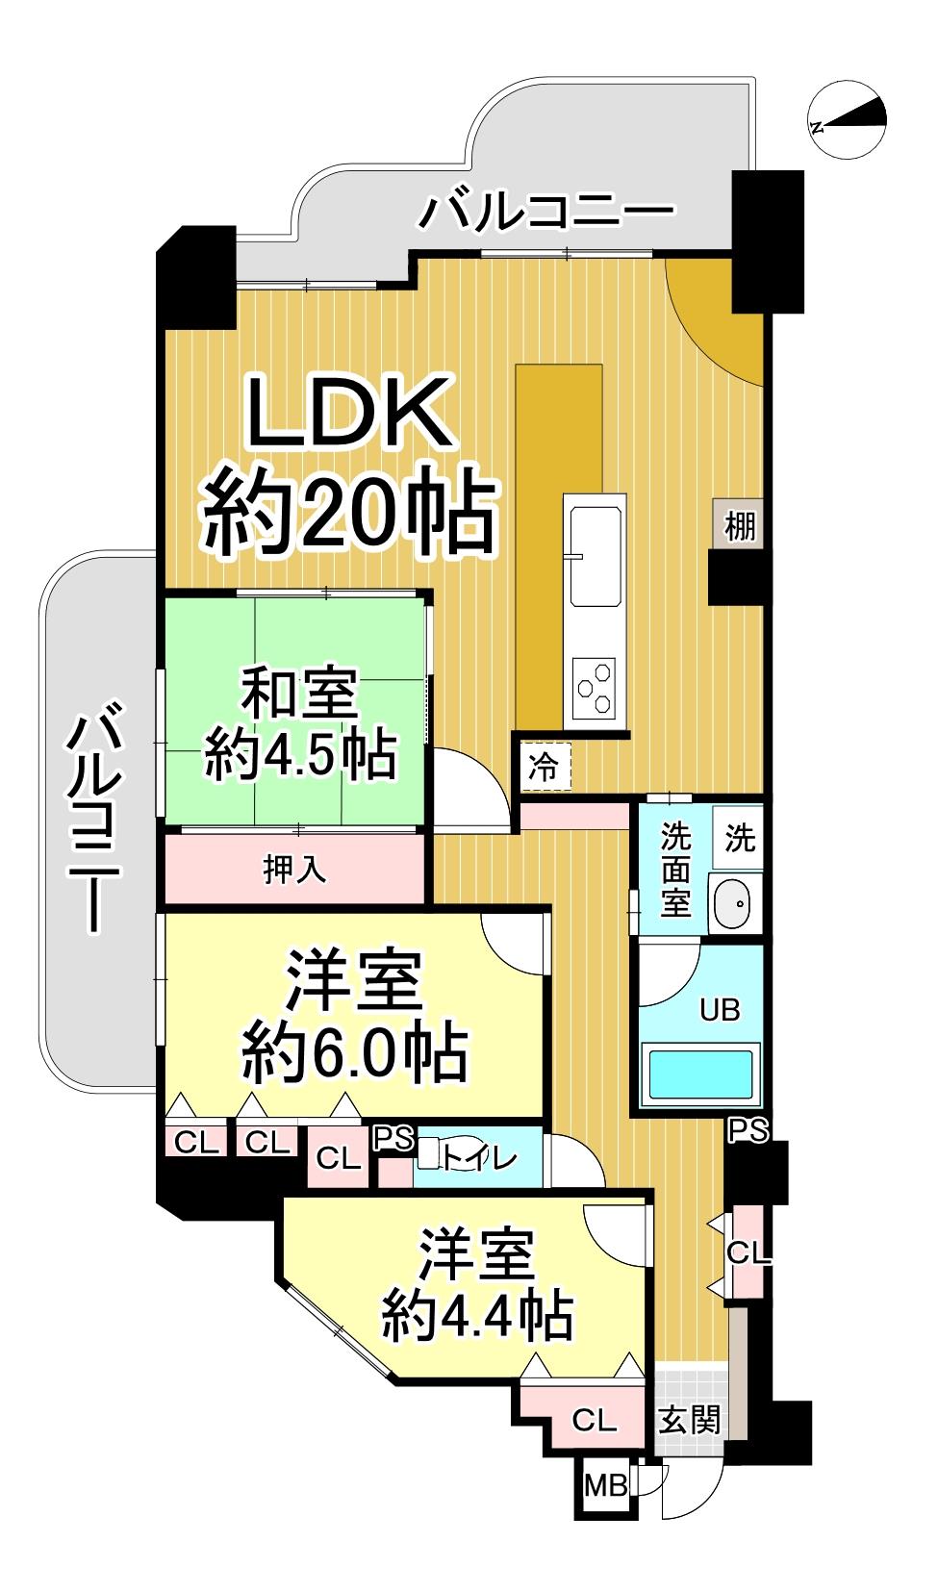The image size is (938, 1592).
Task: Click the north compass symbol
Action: tap(847, 119)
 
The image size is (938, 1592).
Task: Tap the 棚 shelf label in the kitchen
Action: tap(739, 526)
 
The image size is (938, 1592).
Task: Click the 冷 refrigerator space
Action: tap(545, 767)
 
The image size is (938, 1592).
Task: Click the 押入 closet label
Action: tap(294, 869)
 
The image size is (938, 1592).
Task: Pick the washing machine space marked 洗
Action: tap(738, 838)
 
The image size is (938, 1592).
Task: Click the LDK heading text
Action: tap(350, 413)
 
